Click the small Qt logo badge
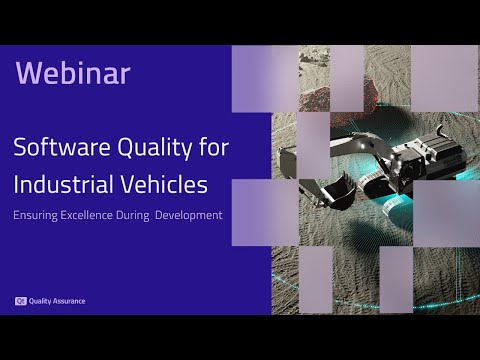pos(19,300)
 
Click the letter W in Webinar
pos(28,73)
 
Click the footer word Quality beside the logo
pos(40,300)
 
